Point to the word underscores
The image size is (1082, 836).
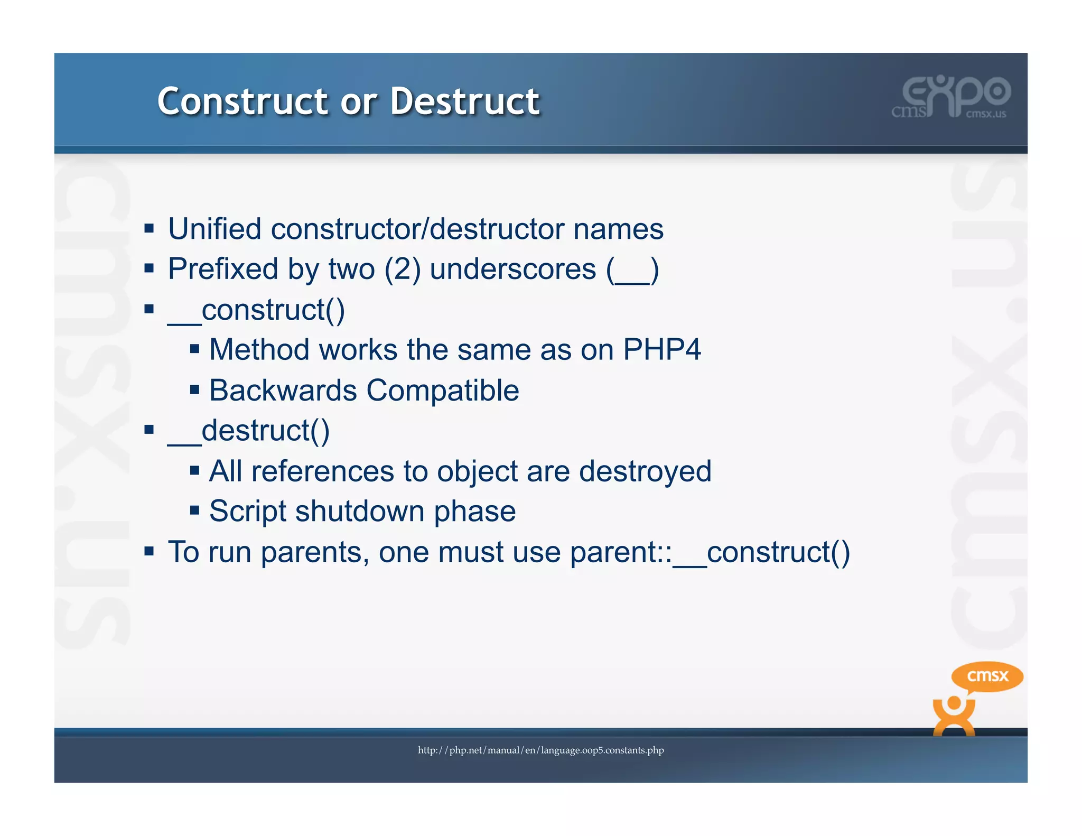tap(512, 269)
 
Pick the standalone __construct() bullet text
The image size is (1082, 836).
tap(256, 310)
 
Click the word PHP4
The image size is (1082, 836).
tap(661, 350)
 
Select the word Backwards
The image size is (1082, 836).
tap(283, 391)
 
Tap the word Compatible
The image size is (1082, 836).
tap(443, 391)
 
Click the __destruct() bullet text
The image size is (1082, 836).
tap(249, 431)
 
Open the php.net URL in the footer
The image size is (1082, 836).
tap(540, 750)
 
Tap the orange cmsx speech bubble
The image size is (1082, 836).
tap(987, 676)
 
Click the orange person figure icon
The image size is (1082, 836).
tap(954, 716)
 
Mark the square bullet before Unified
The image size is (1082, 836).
tap(149, 229)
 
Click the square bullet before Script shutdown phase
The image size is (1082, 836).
tap(194, 510)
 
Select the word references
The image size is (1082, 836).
tap(322, 471)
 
